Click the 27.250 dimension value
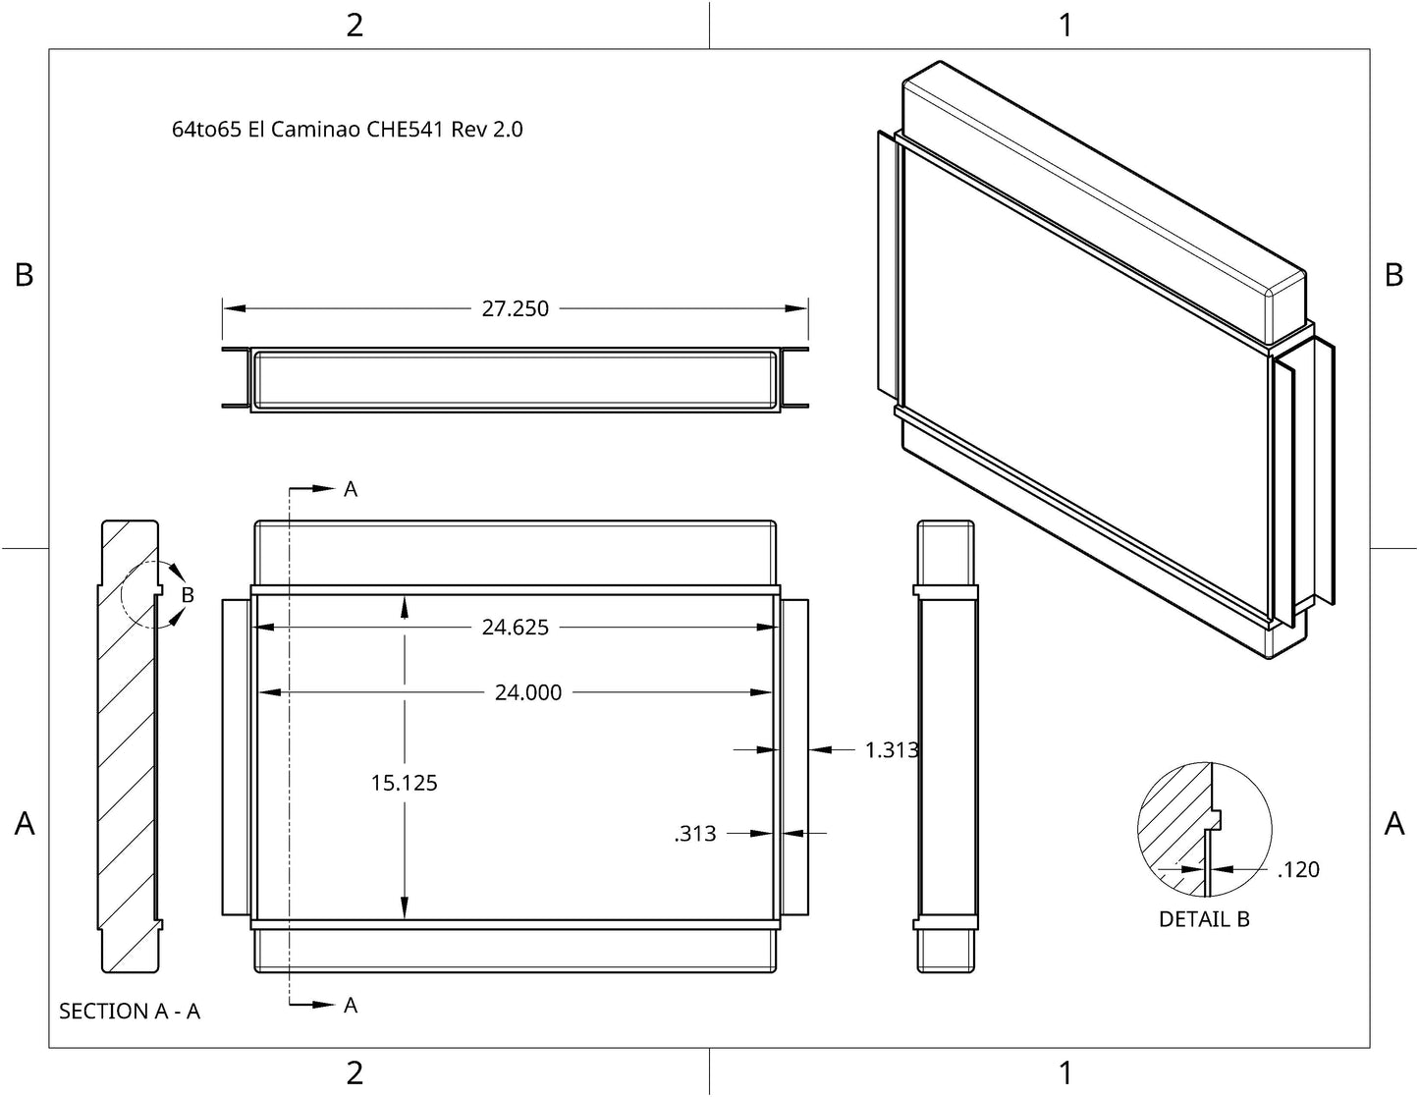pyautogui.click(x=516, y=308)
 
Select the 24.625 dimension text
pyautogui.click(x=516, y=627)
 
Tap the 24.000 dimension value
pyautogui.click(x=528, y=692)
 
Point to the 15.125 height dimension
pyautogui.click(x=405, y=783)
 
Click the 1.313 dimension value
pyautogui.click(x=892, y=749)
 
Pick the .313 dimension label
pyautogui.click(x=695, y=833)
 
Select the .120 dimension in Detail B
pyautogui.click(x=1298, y=869)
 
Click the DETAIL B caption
pyautogui.click(x=1204, y=918)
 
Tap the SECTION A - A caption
pyautogui.click(x=130, y=1011)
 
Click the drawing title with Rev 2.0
pyautogui.click(x=348, y=130)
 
